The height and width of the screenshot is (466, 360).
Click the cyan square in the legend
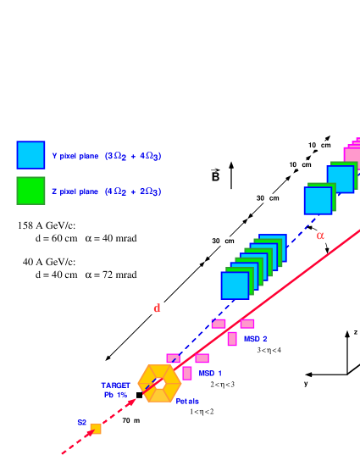click(x=30, y=155)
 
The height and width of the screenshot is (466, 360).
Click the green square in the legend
click(x=30, y=191)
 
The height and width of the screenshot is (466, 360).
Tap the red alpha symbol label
click(x=319, y=236)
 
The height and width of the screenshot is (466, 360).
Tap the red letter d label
click(x=157, y=308)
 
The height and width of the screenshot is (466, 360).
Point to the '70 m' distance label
click(x=130, y=420)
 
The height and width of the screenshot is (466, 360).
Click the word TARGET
click(x=115, y=386)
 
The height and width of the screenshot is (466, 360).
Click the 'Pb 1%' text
click(x=115, y=395)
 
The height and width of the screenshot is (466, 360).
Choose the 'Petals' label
click(x=187, y=401)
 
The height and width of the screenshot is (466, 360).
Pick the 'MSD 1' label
click(x=210, y=374)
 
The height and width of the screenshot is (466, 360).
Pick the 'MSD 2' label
click(x=255, y=339)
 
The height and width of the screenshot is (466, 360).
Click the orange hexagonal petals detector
click(x=159, y=383)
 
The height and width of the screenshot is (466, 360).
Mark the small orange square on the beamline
click(x=96, y=429)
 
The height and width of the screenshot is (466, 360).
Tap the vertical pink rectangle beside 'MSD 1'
click(x=187, y=373)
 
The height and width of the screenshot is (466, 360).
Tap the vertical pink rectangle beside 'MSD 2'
click(x=232, y=339)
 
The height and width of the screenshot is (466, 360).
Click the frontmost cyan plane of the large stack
click(x=235, y=286)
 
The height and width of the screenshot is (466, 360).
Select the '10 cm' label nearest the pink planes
click(x=320, y=145)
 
